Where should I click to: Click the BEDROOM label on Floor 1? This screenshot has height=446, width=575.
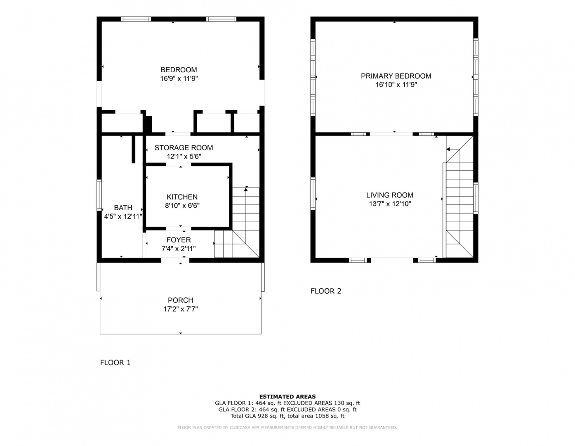(179, 70)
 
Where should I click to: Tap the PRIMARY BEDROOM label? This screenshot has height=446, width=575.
(396, 76)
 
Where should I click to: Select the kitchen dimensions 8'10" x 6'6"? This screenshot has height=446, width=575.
(182, 206)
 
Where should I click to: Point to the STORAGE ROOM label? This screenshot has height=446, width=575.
(184, 147)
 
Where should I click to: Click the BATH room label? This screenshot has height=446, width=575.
(123, 208)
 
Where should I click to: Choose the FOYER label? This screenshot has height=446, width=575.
(179, 240)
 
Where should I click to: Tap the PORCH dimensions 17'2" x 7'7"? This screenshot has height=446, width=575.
(181, 309)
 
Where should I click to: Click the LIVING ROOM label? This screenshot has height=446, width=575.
(389, 195)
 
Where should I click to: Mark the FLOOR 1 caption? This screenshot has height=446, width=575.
(115, 363)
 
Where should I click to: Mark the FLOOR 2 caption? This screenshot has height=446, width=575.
(326, 291)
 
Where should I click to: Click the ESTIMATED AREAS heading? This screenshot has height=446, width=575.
(287, 396)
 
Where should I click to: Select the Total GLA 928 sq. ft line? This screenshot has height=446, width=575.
(287, 416)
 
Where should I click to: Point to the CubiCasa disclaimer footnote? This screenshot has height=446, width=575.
(287, 427)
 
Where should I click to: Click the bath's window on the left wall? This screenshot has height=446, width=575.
(99, 195)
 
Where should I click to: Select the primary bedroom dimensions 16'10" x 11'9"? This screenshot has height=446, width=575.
(396, 85)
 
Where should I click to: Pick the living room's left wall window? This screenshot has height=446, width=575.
(313, 194)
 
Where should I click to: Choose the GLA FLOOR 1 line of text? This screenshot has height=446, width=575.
(287, 403)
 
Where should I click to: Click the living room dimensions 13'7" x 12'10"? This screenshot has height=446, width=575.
(390, 204)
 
